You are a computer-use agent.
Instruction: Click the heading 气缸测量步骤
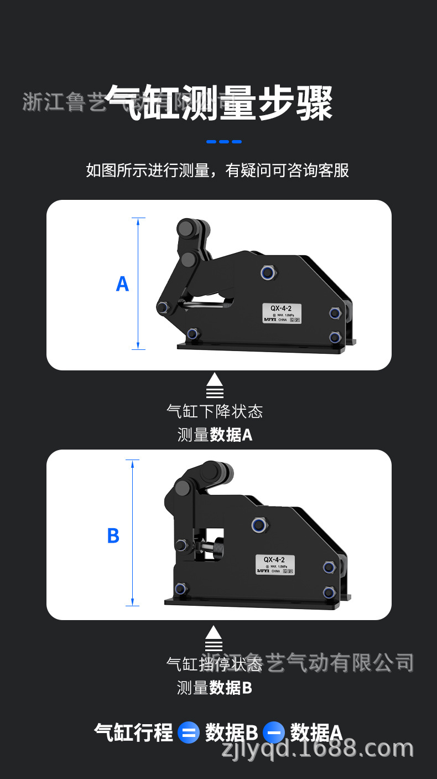pos(218,104)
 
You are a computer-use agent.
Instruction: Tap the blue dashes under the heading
pos(224,142)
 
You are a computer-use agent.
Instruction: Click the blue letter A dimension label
pos(122,284)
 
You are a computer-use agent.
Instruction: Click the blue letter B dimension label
pos(113,536)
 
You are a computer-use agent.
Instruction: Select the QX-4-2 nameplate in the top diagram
pos(282,313)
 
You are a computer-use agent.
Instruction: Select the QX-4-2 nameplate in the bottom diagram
pos(275,564)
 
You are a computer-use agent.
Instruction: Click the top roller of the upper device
pos(188,228)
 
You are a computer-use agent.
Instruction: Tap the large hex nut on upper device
pos(268,272)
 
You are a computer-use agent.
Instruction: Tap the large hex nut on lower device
pos(258,524)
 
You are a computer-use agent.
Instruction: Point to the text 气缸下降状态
pos(215,411)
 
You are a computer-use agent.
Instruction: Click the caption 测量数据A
pos(215,435)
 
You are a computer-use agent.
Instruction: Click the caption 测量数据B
pos(215,688)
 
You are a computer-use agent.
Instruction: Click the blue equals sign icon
pos(189,733)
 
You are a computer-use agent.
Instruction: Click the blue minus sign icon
pos(273,733)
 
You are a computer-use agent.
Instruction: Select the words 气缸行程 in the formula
pos(133,732)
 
